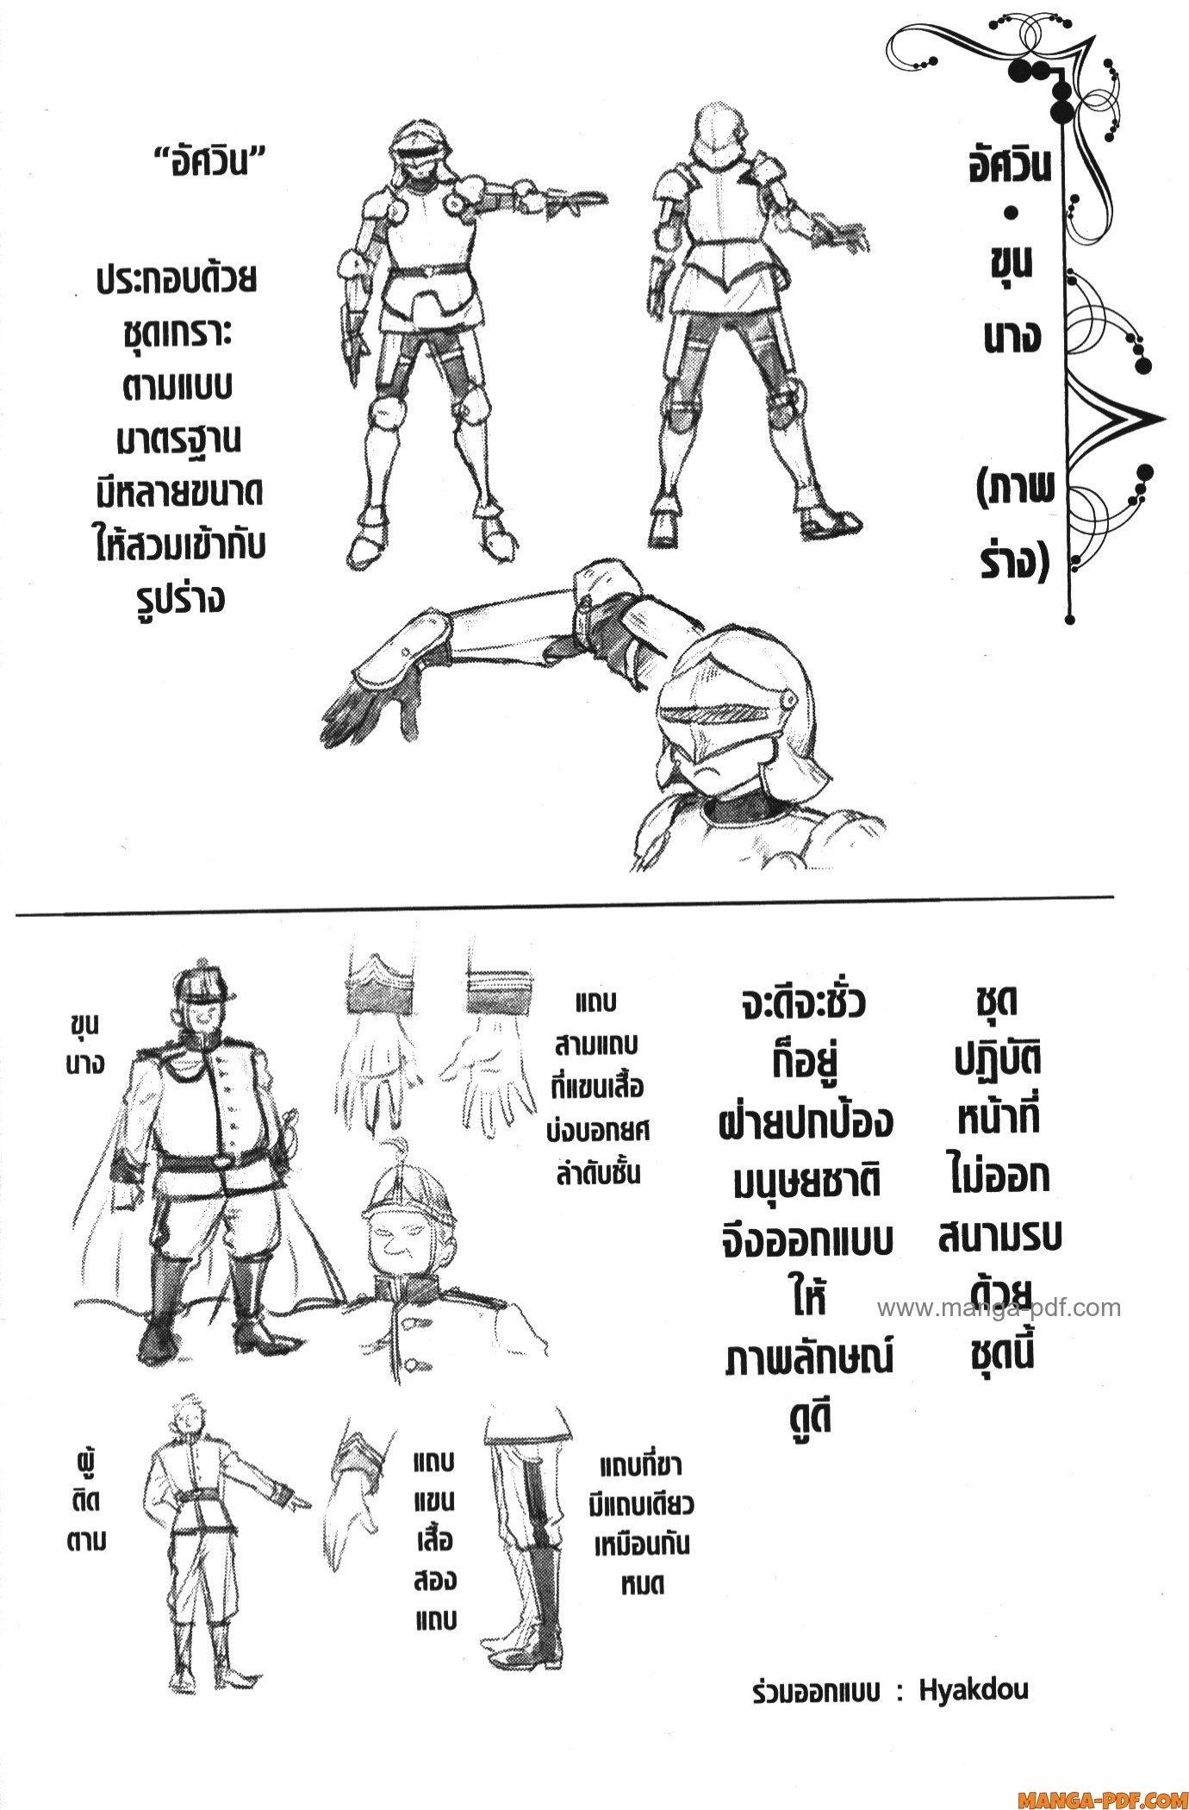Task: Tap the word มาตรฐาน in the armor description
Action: point(178,440)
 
